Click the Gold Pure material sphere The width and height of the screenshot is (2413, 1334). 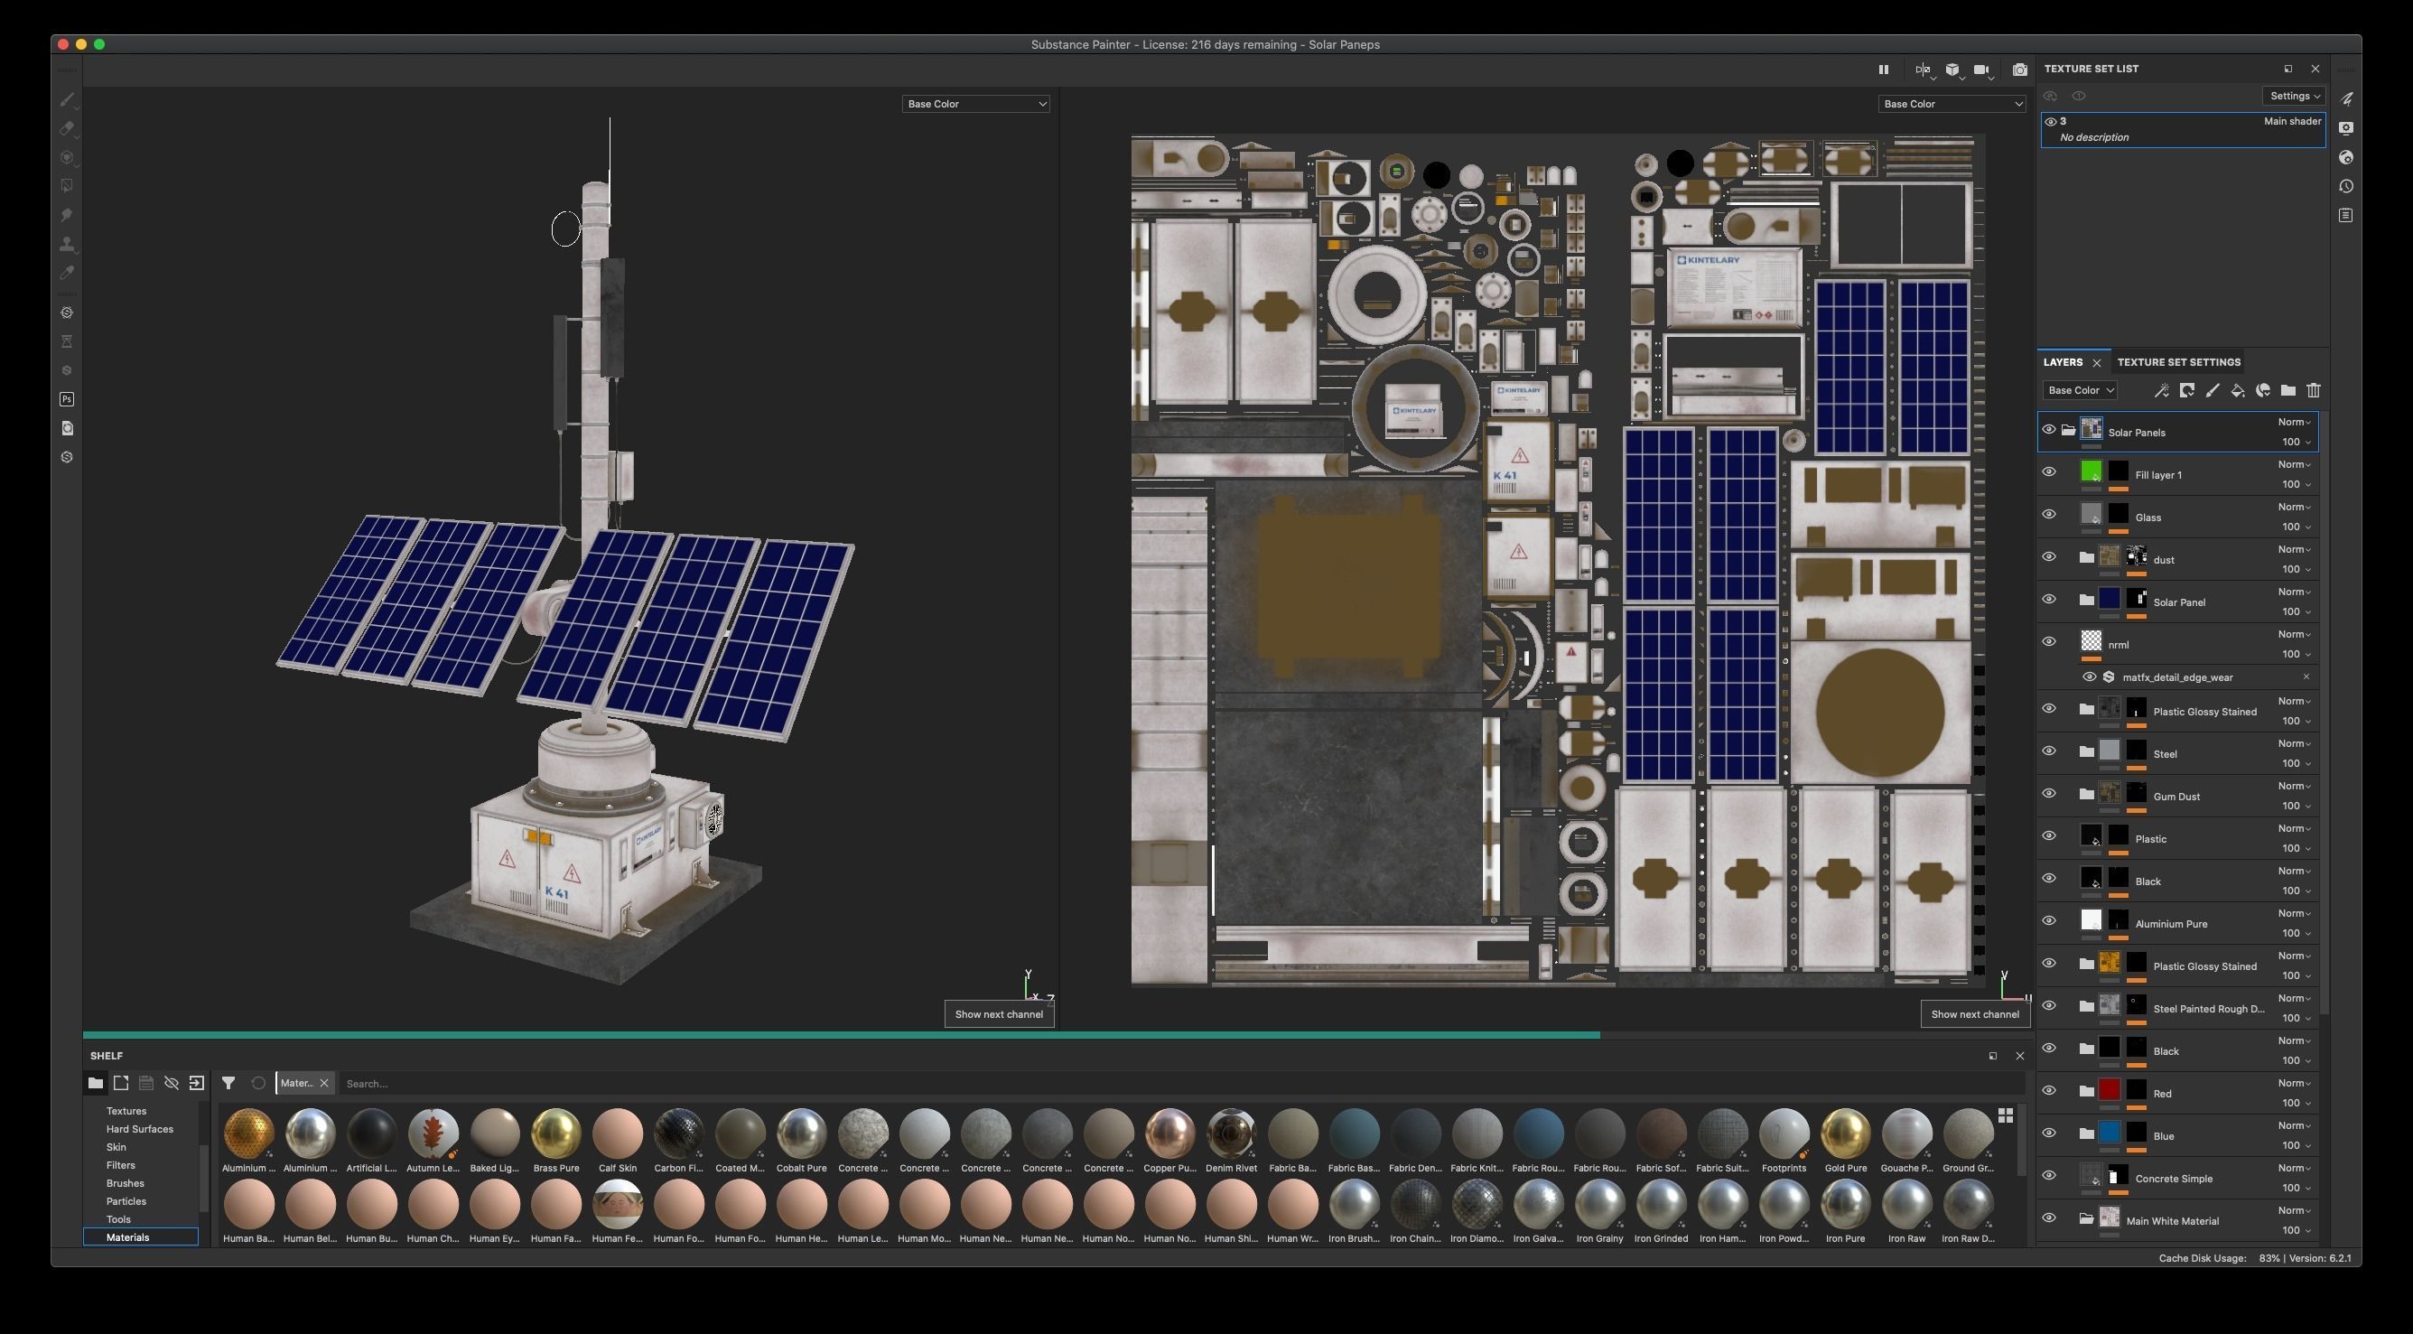(1844, 1133)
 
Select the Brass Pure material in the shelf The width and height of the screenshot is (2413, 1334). (555, 1133)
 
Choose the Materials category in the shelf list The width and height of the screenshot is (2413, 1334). (128, 1237)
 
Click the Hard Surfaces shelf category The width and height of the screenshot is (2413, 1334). (140, 1129)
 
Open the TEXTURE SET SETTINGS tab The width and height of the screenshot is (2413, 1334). (2178, 362)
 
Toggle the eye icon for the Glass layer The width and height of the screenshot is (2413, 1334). (2049, 514)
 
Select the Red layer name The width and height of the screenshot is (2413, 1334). (2162, 1094)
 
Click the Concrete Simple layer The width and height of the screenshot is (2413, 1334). (2173, 1179)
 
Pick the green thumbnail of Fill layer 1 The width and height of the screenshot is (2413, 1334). (2090, 471)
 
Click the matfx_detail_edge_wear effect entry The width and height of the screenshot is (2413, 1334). (2177, 677)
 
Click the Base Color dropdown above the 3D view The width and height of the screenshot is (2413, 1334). (974, 104)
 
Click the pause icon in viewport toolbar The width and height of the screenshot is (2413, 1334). (1883, 70)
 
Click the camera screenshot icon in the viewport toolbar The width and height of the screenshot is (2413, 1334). (2019, 70)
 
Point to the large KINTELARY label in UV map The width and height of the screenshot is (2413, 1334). (1709, 260)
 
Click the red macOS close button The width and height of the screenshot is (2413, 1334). (62, 44)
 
